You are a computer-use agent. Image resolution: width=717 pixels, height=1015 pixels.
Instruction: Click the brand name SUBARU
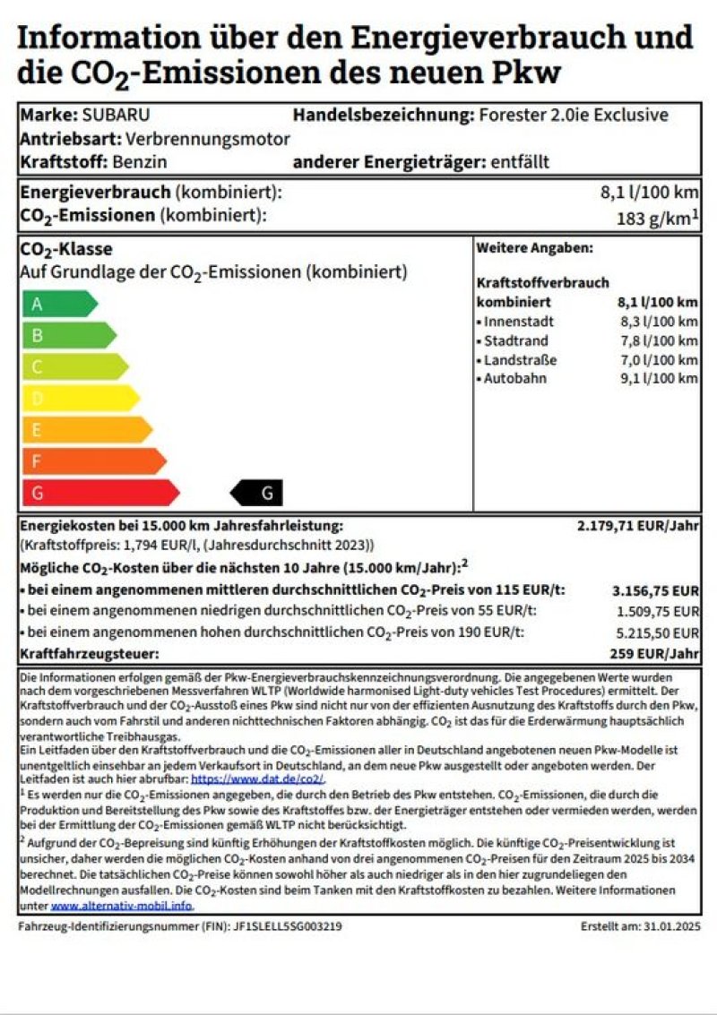117,115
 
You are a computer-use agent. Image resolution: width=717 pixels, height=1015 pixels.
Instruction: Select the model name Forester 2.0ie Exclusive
574,115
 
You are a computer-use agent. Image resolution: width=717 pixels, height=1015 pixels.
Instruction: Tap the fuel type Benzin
140,162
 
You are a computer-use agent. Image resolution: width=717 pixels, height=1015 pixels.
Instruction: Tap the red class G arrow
99,493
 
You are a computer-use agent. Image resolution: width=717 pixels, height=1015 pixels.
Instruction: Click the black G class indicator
259,493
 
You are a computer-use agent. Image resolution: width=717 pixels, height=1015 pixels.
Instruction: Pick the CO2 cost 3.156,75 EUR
655,590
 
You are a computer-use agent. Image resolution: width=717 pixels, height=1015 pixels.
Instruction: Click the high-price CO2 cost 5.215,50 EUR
655,633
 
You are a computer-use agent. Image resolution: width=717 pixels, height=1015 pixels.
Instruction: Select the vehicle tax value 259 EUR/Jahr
653,654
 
